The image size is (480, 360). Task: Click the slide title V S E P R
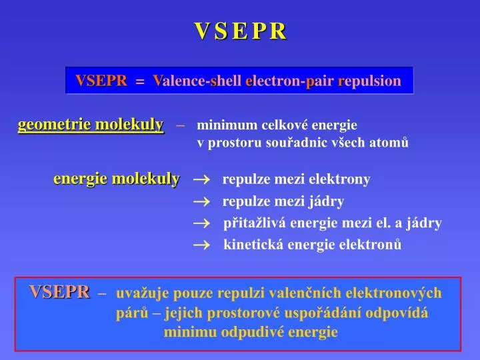tap(240, 31)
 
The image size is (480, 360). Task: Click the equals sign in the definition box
tap(139, 81)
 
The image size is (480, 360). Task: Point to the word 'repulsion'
tap(370, 81)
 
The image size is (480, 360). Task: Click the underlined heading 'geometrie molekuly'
tap(91, 125)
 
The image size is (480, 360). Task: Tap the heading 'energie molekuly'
tap(116, 179)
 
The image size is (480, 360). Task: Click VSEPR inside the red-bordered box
tap(59, 292)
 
